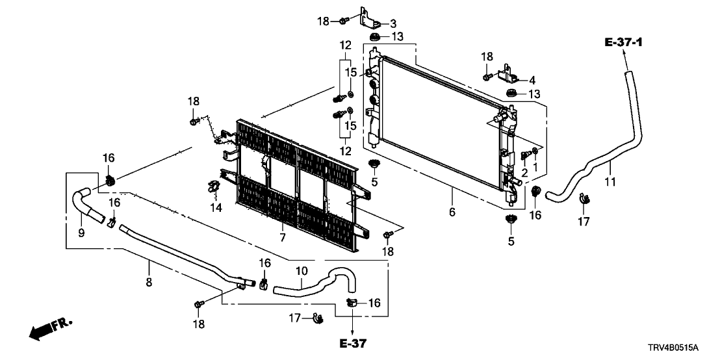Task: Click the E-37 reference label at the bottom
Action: pyautogui.click(x=353, y=343)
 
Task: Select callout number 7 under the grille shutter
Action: pyautogui.click(x=282, y=238)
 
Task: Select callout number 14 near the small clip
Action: pyautogui.click(x=214, y=208)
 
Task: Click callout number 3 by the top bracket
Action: pyautogui.click(x=392, y=23)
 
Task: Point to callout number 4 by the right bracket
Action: pyautogui.click(x=532, y=81)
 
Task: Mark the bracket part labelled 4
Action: pyautogui.click(x=506, y=75)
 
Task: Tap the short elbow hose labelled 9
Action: pyautogui.click(x=86, y=201)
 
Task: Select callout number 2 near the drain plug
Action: pyautogui.click(x=523, y=173)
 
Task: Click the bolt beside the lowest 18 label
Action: pyautogui.click(x=199, y=303)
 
